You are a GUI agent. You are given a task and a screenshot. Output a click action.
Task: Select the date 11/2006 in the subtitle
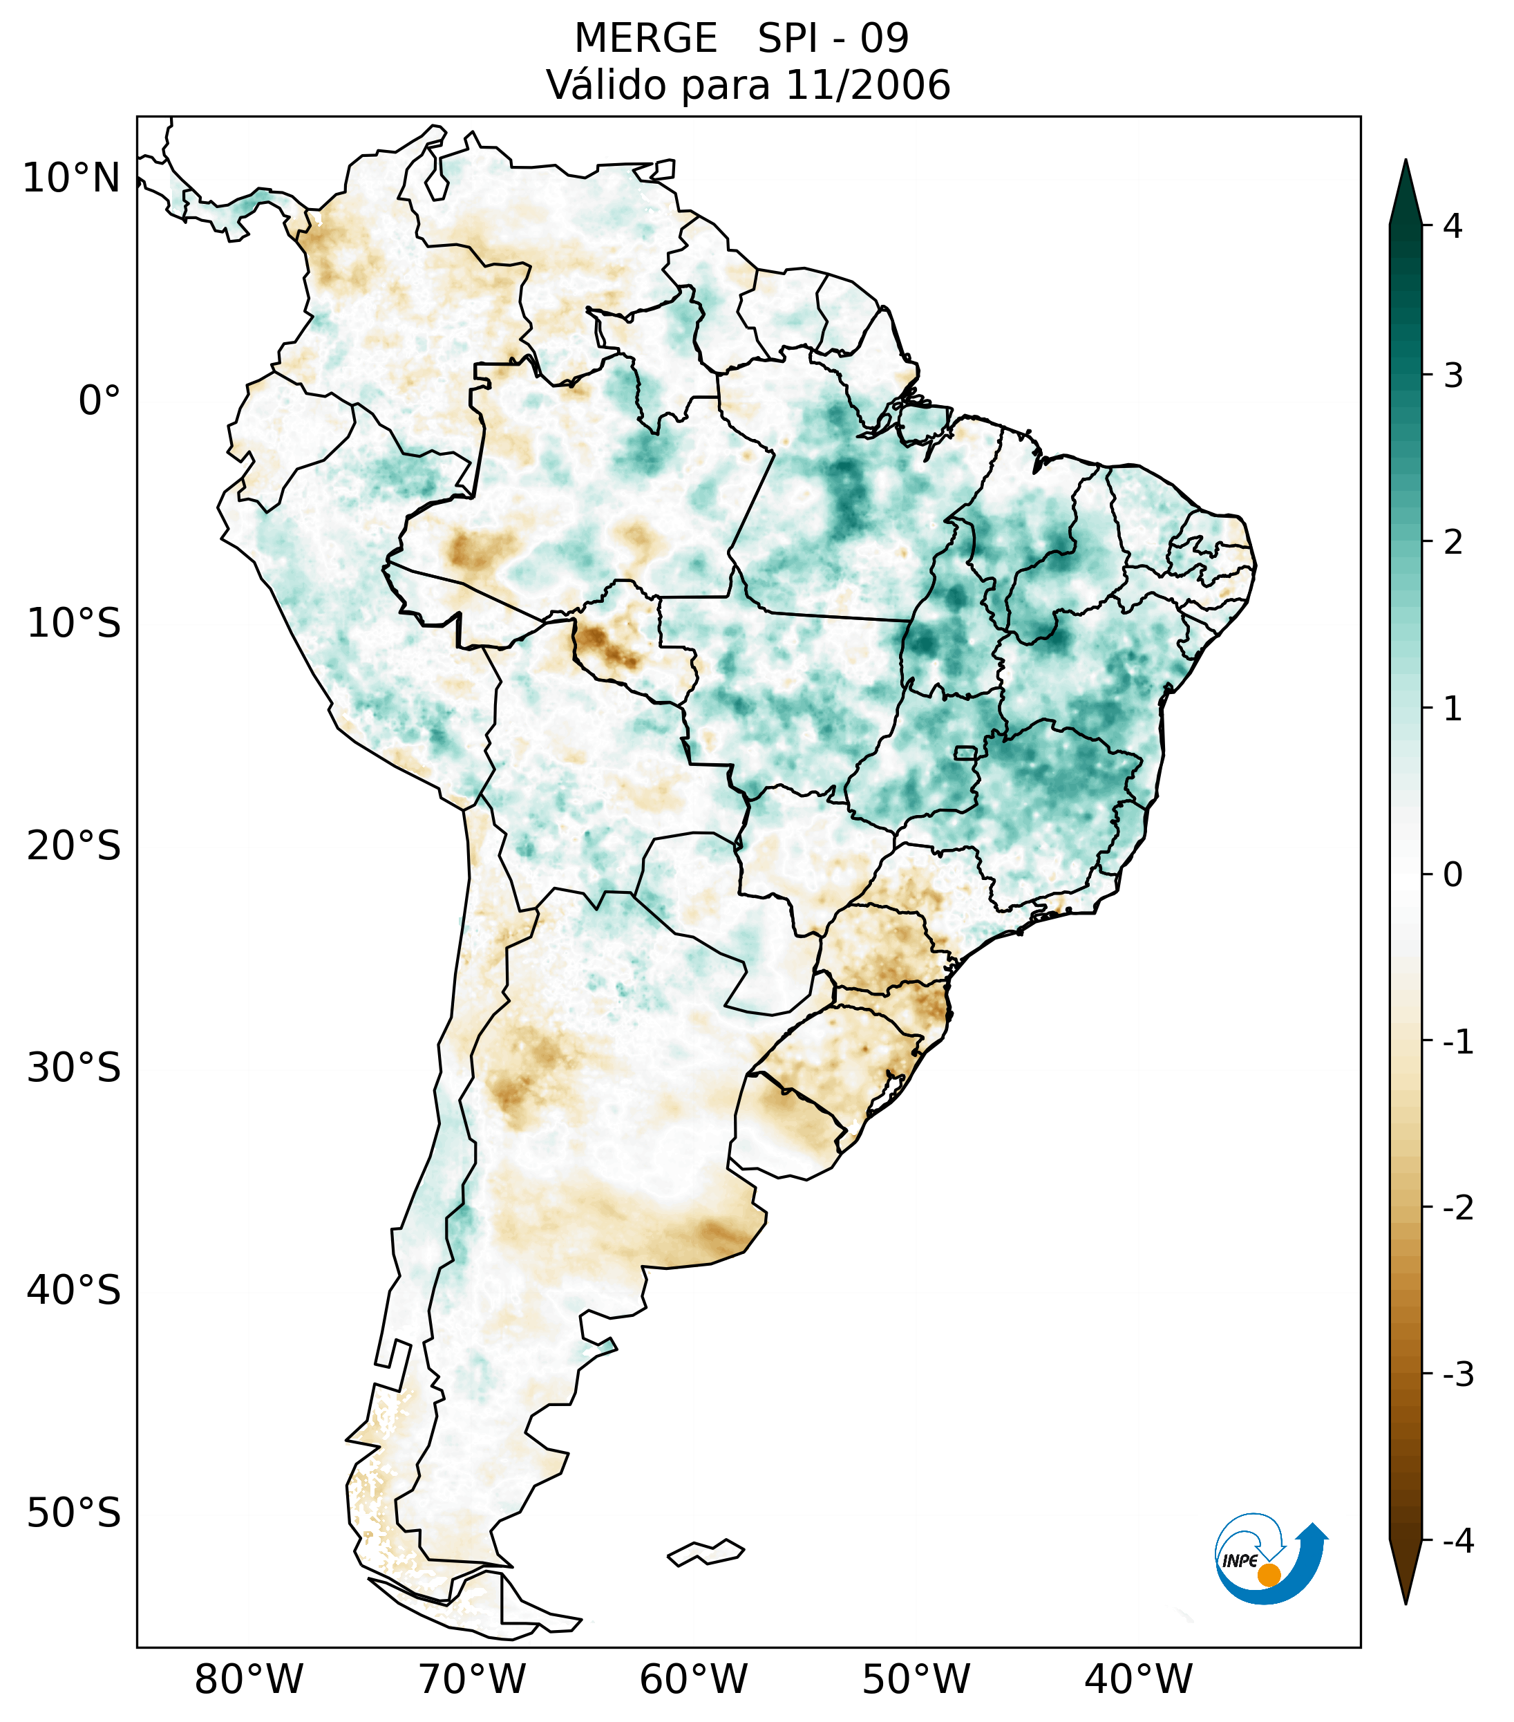tap(867, 85)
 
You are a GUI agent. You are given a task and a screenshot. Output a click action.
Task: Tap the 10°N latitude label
tap(72, 178)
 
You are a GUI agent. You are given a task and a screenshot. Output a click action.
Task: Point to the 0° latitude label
tap(100, 401)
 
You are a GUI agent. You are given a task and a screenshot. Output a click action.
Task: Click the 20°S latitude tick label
tap(74, 846)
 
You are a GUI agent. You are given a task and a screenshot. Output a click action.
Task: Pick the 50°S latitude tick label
tap(74, 1513)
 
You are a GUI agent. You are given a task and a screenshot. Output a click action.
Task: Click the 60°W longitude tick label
tap(693, 1679)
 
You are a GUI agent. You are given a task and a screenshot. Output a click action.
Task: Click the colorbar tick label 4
tap(1453, 226)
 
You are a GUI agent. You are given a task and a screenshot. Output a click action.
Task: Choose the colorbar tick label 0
tap(1453, 875)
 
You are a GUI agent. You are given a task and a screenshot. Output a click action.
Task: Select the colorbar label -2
tap(1457, 1208)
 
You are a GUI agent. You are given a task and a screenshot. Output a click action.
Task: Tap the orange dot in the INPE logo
tap(1269, 1575)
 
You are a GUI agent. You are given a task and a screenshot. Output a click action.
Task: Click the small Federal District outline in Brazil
tap(966, 752)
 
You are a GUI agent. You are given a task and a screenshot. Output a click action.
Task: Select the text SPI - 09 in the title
tap(833, 39)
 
